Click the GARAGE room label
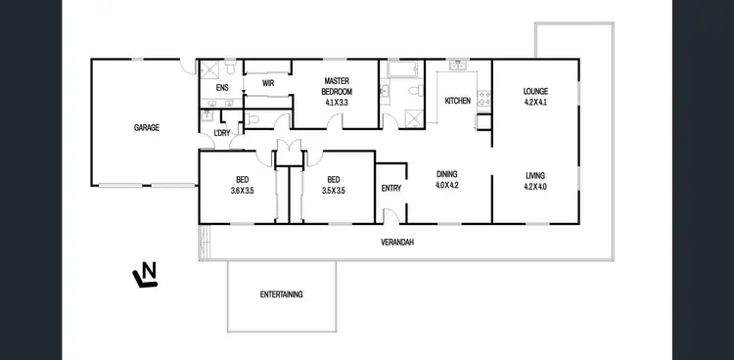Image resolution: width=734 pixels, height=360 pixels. click(147, 127)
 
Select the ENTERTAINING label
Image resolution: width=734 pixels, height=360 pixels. click(281, 294)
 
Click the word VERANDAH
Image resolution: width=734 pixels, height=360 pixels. click(397, 242)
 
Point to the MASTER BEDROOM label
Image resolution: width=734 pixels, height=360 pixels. click(337, 85)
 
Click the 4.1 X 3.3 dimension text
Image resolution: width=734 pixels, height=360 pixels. click(337, 101)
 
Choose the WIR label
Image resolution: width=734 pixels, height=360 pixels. click(267, 84)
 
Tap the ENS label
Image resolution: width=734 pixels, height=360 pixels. click(221, 88)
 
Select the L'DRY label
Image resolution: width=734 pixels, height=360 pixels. click(222, 132)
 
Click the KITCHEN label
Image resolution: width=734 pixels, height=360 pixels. click(458, 101)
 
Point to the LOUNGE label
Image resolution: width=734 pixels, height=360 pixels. click(535, 92)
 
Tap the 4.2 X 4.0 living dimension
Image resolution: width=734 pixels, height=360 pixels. click(535, 187)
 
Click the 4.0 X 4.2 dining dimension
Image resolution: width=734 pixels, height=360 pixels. click(447, 186)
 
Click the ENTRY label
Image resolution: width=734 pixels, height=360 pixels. click(390, 189)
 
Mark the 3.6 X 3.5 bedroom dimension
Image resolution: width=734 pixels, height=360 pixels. click(241, 190)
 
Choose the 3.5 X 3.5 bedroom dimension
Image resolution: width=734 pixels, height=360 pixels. click(334, 190)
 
